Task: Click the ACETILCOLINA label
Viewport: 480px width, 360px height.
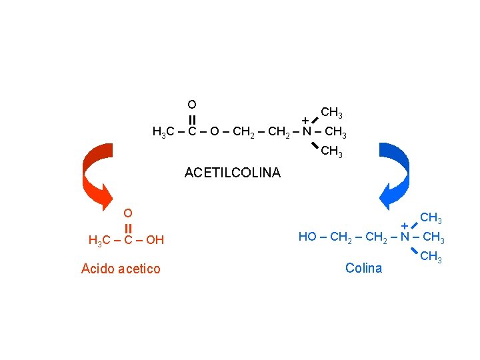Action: [x=233, y=173]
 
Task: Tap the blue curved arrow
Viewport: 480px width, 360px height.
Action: [x=396, y=175]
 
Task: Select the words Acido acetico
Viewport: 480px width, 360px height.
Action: [x=121, y=269]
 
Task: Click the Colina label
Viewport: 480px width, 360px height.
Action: [x=364, y=268]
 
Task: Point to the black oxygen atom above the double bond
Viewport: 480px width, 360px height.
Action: [x=191, y=104]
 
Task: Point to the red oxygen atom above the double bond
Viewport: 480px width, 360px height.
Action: [x=128, y=213]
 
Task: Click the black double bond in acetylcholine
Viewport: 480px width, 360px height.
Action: [x=191, y=119]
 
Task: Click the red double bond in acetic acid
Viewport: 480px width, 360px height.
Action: [x=128, y=227]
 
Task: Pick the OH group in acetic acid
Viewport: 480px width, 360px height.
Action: [x=154, y=240]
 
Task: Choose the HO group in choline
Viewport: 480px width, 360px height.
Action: [x=307, y=237]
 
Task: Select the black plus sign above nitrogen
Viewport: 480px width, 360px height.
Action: [x=305, y=120]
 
